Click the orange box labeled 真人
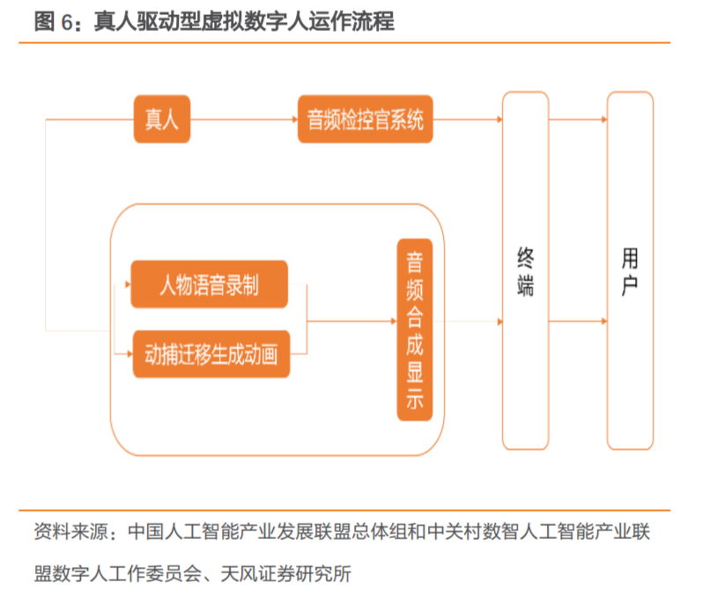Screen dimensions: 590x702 pos(161,119)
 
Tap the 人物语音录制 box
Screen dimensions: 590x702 pos(209,284)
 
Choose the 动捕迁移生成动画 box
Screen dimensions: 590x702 pos(211,355)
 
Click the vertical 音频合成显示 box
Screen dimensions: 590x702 pos(414,330)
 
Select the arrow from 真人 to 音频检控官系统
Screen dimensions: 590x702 pos(244,119)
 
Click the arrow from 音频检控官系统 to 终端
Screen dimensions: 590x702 pos(467,119)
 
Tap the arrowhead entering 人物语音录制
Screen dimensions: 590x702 pos(127,284)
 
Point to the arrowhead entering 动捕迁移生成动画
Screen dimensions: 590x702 pos(127,355)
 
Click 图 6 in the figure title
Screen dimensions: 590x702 pos(55,22)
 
